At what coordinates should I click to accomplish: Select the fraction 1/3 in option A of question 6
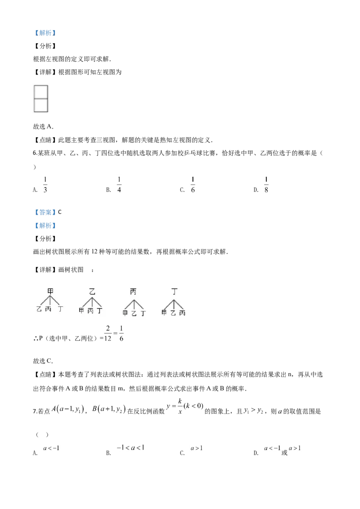45,184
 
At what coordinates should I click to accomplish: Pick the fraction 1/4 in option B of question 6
119,184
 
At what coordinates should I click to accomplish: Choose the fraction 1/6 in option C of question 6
193,184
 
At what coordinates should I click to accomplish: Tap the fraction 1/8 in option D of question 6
266,184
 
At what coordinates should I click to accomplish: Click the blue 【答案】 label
45,212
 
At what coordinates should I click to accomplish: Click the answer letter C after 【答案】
60,212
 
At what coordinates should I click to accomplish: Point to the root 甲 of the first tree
50,291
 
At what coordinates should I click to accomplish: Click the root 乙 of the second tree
92,291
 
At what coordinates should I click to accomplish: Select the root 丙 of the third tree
133,292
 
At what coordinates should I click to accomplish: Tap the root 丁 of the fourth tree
175,291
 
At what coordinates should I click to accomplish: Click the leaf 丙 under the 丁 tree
183,313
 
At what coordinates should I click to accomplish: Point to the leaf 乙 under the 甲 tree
39,309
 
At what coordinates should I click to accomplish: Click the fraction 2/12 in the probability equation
108,333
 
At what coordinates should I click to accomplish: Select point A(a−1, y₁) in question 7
68,409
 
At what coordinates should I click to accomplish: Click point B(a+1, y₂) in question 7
109,409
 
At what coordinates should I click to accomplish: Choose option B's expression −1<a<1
130,448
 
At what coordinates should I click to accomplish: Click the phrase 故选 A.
43,127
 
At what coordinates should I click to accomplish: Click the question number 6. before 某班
36,153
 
